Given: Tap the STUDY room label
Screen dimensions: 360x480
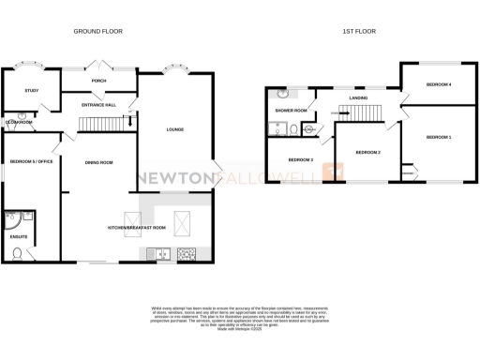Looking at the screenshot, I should [x=31, y=91].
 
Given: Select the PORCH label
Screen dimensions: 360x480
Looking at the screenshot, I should [x=99, y=81].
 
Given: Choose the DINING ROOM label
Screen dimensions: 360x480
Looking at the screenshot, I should [x=98, y=163].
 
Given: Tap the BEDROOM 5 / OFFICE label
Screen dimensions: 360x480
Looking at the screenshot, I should [x=33, y=161].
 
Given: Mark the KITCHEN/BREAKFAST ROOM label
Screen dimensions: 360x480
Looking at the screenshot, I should [x=138, y=228].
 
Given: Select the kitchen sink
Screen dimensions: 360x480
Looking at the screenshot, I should [x=159, y=251].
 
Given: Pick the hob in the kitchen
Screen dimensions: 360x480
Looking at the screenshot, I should [x=185, y=251].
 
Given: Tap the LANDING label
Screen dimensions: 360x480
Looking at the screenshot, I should [x=357, y=97].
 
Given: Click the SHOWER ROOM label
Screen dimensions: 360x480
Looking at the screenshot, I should [x=292, y=112].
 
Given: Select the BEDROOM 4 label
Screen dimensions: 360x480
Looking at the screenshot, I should [x=439, y=85].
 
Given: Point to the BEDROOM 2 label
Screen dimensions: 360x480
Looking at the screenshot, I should [x=367, y=152].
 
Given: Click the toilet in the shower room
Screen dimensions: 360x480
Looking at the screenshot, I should [x=292, y=129].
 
